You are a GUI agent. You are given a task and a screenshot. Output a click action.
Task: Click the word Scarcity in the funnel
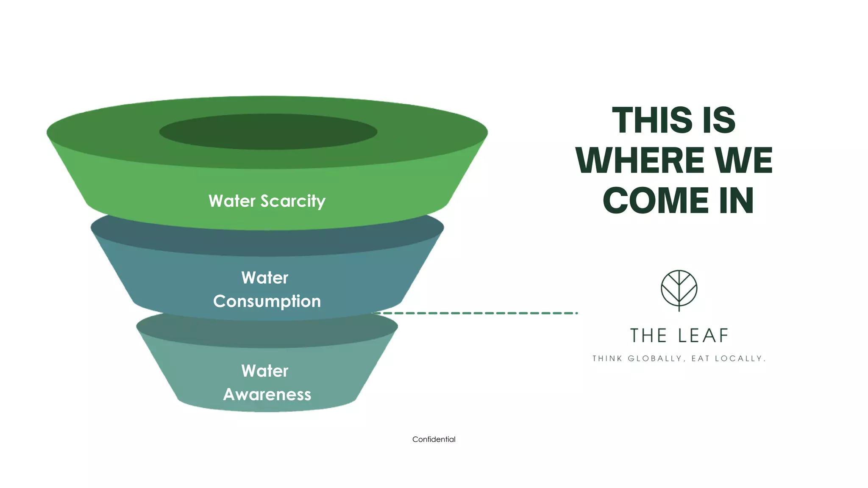point(293,201)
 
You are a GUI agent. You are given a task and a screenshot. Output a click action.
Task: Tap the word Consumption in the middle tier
point(267,301)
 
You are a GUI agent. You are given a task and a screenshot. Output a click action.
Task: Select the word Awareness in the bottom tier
point(267,394)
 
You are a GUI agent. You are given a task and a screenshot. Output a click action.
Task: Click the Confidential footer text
point(434,439)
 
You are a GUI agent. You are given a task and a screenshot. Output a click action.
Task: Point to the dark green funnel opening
point(268,131)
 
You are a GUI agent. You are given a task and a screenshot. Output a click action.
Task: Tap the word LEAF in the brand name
point(703,335)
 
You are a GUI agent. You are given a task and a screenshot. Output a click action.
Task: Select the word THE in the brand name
point(648,335)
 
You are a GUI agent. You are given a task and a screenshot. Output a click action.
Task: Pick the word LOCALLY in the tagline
point(740,359)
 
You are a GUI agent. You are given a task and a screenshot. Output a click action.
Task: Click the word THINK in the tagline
point(607,359)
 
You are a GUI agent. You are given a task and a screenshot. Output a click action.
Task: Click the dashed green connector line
point(475,313)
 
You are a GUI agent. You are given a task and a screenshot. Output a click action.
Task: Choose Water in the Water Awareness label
point(265,371)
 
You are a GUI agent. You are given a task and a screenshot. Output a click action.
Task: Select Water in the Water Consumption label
point(265,278)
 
